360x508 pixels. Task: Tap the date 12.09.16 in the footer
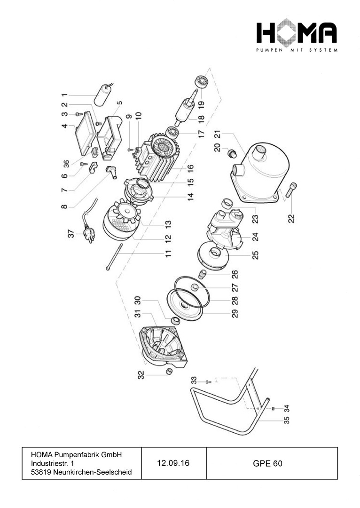coord(173,463)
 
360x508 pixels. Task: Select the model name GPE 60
coord(267,463)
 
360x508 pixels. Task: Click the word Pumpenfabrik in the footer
coord(79,455)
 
